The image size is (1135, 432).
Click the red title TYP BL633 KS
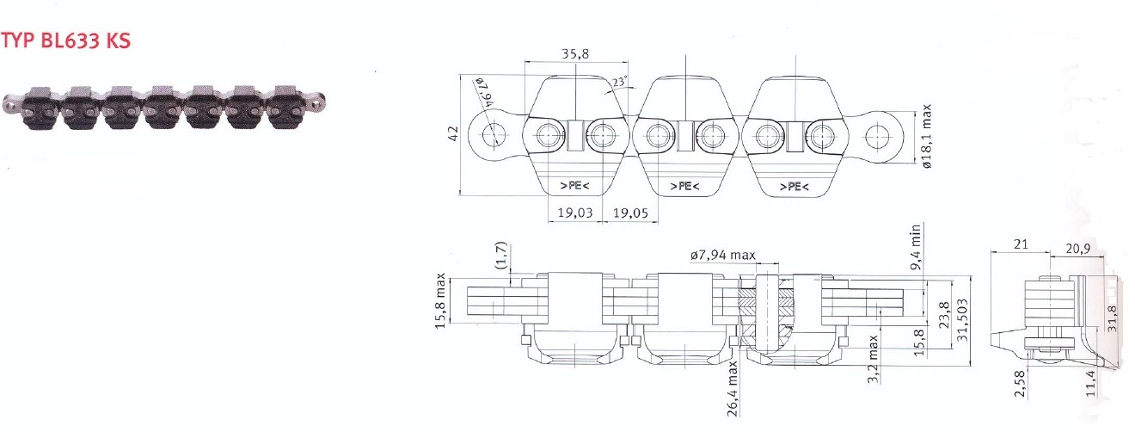point(66,40)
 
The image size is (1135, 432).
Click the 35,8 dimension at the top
point(575,53)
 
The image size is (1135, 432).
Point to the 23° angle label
point(619,82)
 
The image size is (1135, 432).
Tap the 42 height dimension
point(453,134)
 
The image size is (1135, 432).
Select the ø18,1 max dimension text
point(926,136)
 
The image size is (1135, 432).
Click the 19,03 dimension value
point(575,213)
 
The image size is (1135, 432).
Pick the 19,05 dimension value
point(631,213)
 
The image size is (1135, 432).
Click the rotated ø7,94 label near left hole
point(483,92)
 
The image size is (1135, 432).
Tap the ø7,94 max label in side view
point(722,255)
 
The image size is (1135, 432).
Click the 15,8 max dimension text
point(440,300)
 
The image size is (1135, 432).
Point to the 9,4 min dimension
point(915,248)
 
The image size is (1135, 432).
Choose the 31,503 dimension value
point(963,319)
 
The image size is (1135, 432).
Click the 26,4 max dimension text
point(733,389)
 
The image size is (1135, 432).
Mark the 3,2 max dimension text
point(873,359)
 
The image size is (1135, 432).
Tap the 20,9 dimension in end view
point(1077,249)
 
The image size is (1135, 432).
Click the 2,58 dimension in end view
point(1021,384)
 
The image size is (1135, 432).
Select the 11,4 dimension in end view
point(1091,384)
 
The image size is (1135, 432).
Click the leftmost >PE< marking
point(574,186)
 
